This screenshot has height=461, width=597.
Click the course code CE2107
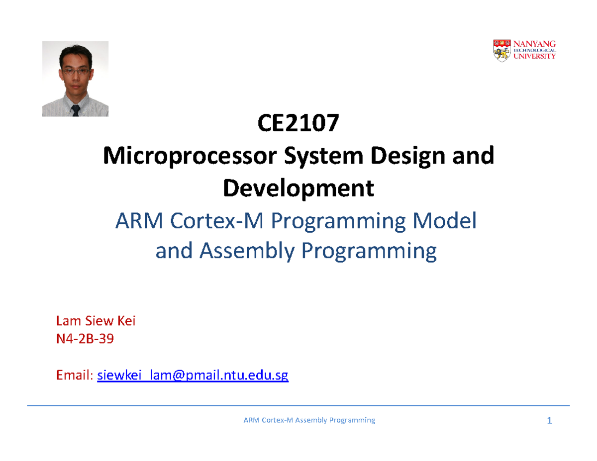[x=298, y=125]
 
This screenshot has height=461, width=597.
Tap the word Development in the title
[x=298, y=188]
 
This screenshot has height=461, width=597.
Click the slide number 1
[x=549, y=421]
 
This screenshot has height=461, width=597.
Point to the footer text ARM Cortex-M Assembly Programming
[x=308, y=421]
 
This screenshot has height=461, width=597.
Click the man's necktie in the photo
[x=76, y=110]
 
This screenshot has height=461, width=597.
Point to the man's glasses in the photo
[x=75, y=72]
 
